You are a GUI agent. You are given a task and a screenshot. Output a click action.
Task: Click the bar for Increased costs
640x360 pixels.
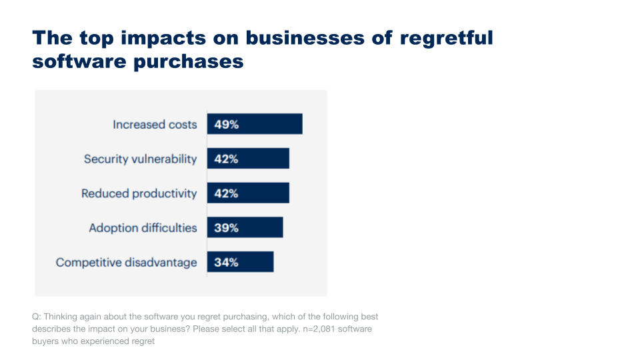point(267,124)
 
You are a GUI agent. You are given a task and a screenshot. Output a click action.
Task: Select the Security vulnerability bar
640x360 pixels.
point(260,159)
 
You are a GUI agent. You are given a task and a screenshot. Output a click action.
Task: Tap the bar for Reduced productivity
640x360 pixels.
point(260,193)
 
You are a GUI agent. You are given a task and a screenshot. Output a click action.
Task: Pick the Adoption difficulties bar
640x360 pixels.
point(257,227)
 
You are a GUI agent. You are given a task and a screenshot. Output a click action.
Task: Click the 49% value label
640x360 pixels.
point(226,125)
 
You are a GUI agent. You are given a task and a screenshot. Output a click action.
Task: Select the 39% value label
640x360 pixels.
point(226,228)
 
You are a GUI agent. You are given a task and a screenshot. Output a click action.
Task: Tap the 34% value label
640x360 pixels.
point(226,263)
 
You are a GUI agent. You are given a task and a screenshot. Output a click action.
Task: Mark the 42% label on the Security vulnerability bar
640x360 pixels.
point(226,159)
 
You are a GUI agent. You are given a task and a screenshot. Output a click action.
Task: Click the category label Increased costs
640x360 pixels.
point(155,125)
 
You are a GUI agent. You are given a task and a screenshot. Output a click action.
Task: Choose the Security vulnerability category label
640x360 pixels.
point(140,159)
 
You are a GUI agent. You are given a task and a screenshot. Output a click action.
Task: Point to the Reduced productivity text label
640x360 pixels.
point(139,194)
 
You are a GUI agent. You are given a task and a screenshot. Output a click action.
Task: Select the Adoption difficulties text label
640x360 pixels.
point(143,228)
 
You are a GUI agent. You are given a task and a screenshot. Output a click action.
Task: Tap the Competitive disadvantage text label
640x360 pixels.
point(126,263)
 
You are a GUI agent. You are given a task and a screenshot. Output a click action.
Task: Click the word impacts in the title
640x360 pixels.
point(158,37)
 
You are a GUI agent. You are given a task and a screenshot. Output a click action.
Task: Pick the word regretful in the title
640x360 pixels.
point(446,37)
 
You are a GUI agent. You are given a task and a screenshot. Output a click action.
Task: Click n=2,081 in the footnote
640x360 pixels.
point(316,329)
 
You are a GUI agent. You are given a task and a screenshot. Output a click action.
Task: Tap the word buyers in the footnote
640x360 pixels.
point(45,341)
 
